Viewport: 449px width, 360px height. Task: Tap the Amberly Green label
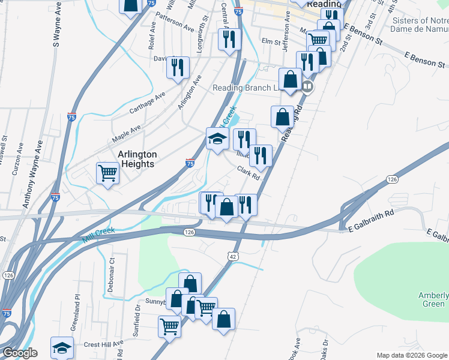(x=433, y=299)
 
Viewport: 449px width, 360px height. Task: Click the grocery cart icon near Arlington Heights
(x=108, y=173)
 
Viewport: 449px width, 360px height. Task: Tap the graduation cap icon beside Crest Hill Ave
(x=62, y=347)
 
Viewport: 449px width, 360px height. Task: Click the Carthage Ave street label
(x=147, y=103)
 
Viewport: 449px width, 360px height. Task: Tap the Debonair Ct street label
(x=111, y=274)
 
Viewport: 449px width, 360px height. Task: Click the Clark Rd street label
(x=247, y=173)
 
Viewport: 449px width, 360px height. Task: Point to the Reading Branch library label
(x=246, y=88)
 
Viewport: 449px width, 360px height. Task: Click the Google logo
(x=19, y=353)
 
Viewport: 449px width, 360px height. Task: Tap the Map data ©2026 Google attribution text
(x=412, y=355)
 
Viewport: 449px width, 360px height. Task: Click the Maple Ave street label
(x=127, y=134)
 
